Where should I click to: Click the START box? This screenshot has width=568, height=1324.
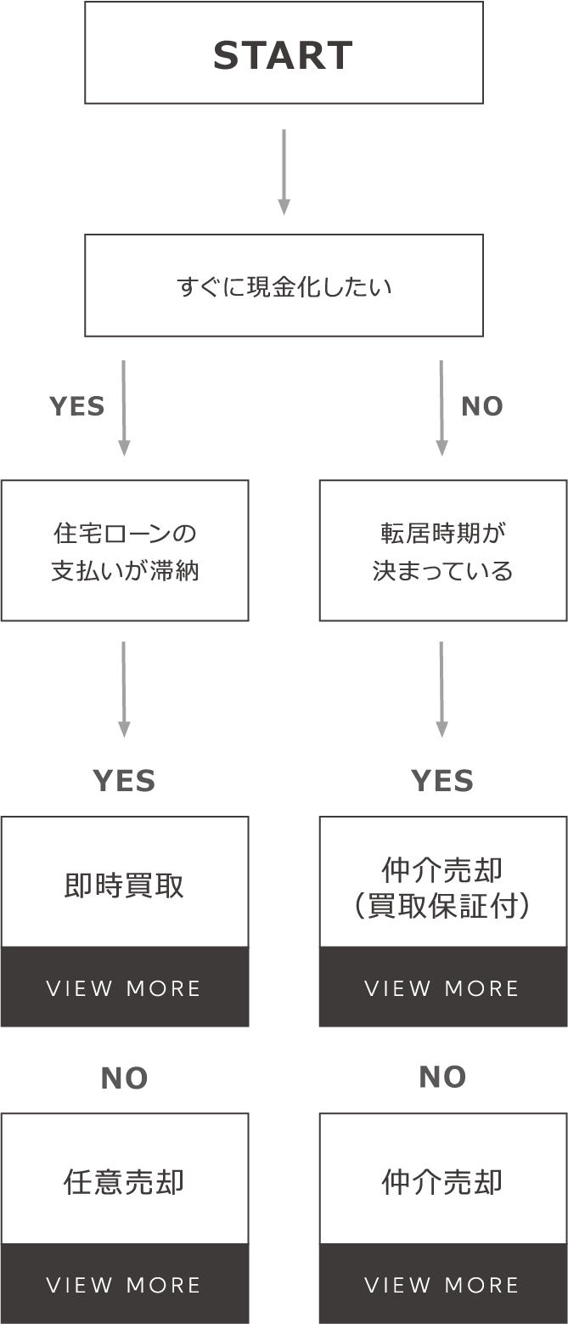(284, 53)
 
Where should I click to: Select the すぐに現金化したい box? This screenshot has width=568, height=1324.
(284, 286)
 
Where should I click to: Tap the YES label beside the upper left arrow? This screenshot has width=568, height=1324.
(77, 407)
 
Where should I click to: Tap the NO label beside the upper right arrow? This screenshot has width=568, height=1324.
(482, 407)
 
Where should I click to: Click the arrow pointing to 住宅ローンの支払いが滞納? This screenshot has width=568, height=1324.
(124, 408)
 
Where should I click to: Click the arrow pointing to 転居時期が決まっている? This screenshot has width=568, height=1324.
(441, 408)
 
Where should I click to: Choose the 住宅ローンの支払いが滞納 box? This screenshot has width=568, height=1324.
(125, 551)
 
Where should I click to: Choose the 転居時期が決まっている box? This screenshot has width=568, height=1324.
(442, 551)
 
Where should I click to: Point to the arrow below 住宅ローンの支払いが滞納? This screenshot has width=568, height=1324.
(124, 689)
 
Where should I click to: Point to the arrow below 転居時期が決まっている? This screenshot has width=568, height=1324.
(441, 689)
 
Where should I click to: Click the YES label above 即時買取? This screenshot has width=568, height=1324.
(124, 781)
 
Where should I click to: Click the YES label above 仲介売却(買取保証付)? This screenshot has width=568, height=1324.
(442, 781)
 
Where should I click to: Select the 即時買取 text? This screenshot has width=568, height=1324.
(124, 885)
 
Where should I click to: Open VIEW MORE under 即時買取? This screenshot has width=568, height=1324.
(124, 988)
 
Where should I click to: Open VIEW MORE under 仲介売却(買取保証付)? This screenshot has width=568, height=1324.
(442, 988)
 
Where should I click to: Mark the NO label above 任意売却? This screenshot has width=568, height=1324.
(124, 1078)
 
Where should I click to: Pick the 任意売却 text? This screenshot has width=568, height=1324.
(124, 1182)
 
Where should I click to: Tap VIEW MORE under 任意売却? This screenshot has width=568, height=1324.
(124, 1285)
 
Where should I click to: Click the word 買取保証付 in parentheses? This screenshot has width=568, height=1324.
(442, 907)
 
